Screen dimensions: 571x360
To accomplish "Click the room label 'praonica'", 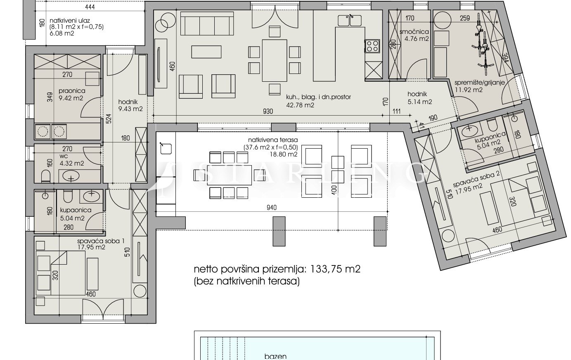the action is coord(72,91).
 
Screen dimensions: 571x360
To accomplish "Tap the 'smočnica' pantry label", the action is coord(414,32).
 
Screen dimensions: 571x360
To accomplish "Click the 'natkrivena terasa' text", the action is coord(273,140).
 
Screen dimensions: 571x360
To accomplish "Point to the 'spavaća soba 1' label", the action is coord(101,241).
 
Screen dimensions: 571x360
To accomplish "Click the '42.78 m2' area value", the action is coord(300,105).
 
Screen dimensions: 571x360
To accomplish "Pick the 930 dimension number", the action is coord(268,111).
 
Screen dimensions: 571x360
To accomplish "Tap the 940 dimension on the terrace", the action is coord(272,208).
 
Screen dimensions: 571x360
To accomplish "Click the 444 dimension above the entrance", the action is coord(90,7).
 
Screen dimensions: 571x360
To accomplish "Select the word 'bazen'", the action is coord(275,356).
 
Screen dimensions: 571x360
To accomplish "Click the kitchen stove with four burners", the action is coord(372,46).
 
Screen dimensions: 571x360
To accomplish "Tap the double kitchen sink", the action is coord(349,20).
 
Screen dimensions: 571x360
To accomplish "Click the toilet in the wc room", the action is coord(46,176).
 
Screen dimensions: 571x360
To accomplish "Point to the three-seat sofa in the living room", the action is coord(207,24).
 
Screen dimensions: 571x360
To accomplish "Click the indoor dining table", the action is coord(274,60).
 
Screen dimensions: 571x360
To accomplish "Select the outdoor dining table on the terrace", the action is coord(229,175).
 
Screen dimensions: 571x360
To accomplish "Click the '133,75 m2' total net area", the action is coord(335,269).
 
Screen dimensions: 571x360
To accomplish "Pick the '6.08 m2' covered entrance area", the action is coord(62,33).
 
